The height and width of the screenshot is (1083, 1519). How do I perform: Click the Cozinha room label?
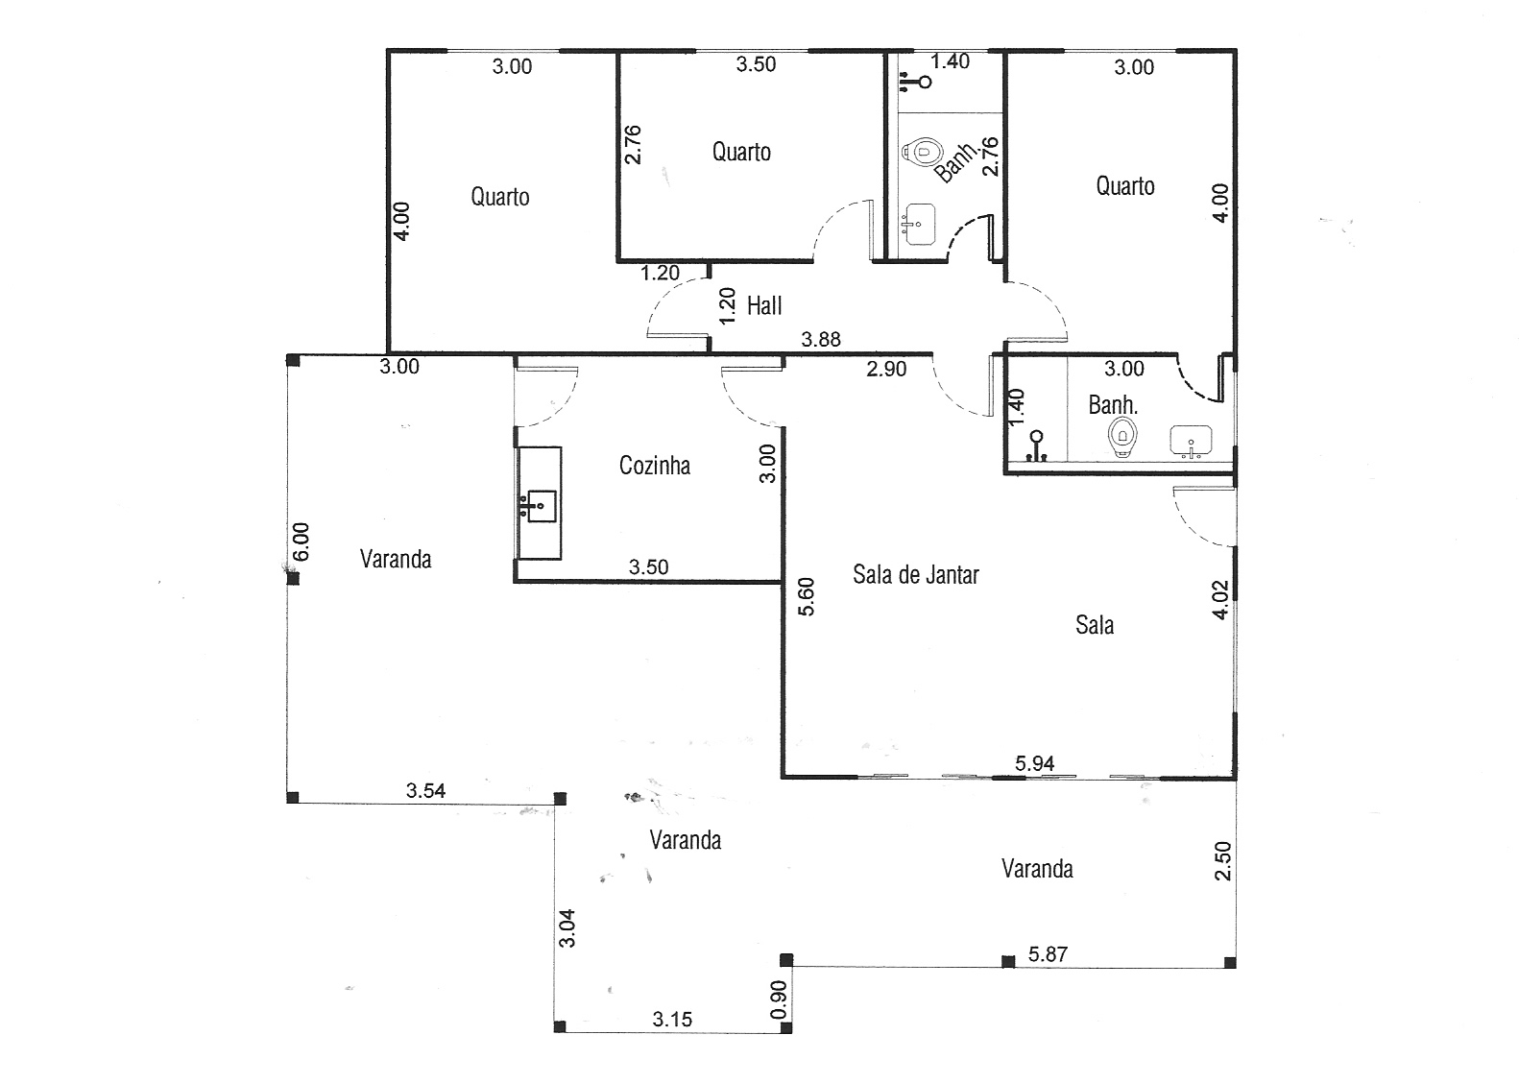pos(655,466)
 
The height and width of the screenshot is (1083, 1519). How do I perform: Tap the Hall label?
pos(764,306)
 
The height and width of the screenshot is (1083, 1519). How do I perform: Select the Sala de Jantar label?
pos(915,575)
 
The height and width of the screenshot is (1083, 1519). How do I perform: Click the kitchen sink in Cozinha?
pos(542,506)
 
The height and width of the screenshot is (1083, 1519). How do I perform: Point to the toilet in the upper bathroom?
pos(923,151)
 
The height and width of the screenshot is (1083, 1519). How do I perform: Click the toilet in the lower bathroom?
pos(1122,436)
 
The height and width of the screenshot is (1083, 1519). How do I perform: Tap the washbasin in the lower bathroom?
pos(1191,442)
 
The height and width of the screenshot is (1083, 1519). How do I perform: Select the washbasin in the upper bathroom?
pos(920,224)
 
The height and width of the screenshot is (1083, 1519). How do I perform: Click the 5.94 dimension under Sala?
pos(1034,763)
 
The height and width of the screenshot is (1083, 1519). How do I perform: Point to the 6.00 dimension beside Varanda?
pos(301,541)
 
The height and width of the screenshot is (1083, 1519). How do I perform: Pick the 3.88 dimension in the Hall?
pos(821,339)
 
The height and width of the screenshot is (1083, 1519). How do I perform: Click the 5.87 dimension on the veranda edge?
pos(1048,954)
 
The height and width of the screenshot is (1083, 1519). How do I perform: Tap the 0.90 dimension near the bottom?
pos(779,999)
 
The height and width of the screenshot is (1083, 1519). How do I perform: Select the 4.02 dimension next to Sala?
pos(1220,600)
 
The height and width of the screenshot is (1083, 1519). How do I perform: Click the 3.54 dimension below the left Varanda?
pos(425,790)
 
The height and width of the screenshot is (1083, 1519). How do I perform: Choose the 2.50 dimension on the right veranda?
pos(1222,860)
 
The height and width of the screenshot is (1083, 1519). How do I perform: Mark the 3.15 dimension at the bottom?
pos(672,1020)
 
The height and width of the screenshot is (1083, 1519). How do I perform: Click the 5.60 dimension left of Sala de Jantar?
pos(806,597)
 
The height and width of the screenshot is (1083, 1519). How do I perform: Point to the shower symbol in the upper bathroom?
pos(915,82)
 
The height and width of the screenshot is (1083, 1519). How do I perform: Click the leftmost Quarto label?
pos(500,197)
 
